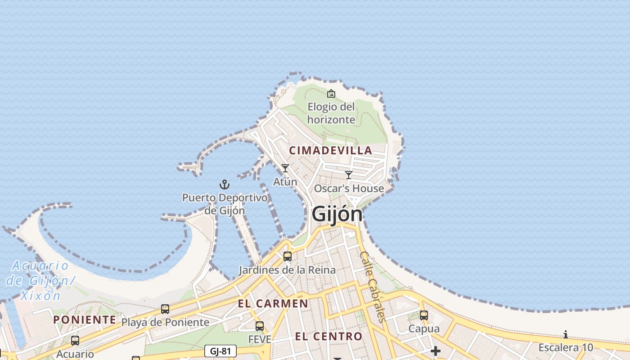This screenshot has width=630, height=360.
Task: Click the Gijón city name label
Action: tap(337, 214)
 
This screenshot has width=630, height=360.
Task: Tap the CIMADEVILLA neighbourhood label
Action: tap(331, 150)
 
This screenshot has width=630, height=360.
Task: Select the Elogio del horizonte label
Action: tap(331, 113)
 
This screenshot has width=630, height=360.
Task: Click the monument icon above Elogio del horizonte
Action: tap(331, 94)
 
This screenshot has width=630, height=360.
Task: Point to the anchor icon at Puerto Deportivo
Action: tap(224, 184)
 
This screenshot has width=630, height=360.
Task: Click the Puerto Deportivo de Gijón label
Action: tap(225, 204)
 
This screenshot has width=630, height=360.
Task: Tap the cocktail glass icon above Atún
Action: tap(285, 168)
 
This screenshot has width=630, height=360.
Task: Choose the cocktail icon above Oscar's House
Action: tap(349, 175)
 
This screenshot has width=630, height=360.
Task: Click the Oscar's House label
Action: tap(349, 189)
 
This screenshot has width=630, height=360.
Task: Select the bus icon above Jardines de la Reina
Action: tap(287, 256)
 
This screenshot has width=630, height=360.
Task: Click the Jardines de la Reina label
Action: tap(287, 270)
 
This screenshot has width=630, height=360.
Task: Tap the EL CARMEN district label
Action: tap(273, 304)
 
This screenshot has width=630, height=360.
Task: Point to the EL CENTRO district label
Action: tap(328, 336)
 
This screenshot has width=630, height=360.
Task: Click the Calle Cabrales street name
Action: tap(373, 287)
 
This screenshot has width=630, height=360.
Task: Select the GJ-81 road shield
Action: tap(220, 351)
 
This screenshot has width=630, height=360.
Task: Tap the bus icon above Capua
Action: tap(423, 315)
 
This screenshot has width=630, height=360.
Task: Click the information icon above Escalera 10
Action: tap(566, 334)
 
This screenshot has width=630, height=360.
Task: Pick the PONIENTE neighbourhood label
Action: tap(85, 319)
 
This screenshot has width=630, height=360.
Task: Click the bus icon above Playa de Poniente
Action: tap(165, 309)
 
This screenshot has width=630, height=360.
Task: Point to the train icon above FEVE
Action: tap(260, 326)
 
